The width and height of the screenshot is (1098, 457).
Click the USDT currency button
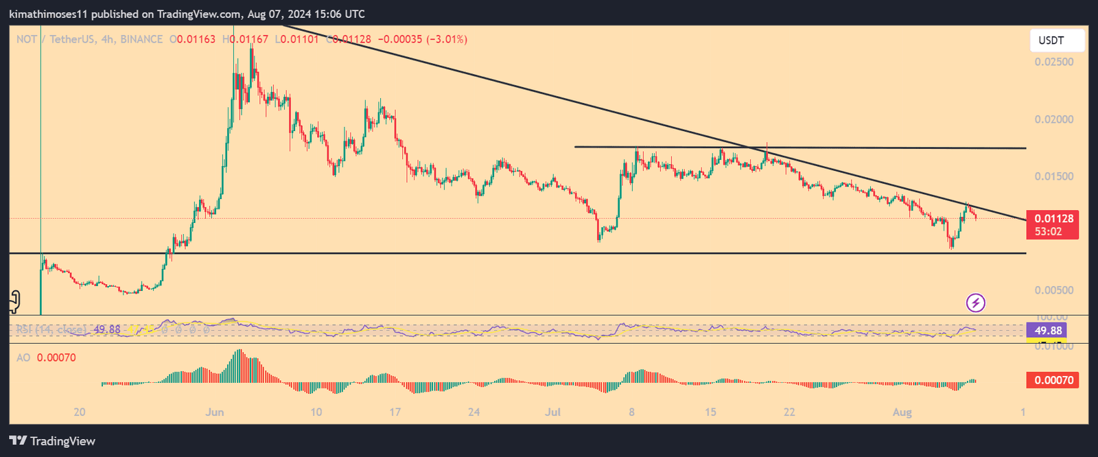(1057, 40)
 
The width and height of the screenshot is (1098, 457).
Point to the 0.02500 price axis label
(1054, 62)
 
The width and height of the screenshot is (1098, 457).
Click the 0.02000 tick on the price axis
(1054, 119)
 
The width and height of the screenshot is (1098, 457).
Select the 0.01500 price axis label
(1054, 176)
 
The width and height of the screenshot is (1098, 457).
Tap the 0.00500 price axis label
(1054, 290)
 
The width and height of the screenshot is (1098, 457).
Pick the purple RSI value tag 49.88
(1048, 331)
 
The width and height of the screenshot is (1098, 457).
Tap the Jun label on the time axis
(215, 412)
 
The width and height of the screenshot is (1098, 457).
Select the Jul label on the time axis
(553, 412)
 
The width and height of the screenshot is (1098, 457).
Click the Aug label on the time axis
(902, 412)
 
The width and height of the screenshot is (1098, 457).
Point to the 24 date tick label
(474, 412)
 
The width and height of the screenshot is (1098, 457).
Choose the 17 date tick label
(395, 412)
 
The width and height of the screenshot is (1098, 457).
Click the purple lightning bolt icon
(976, 303)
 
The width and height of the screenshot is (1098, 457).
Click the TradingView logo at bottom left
(52, 441)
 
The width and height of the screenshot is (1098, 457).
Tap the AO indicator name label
(23, 358)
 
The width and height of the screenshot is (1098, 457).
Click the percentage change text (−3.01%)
(447, 39)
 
